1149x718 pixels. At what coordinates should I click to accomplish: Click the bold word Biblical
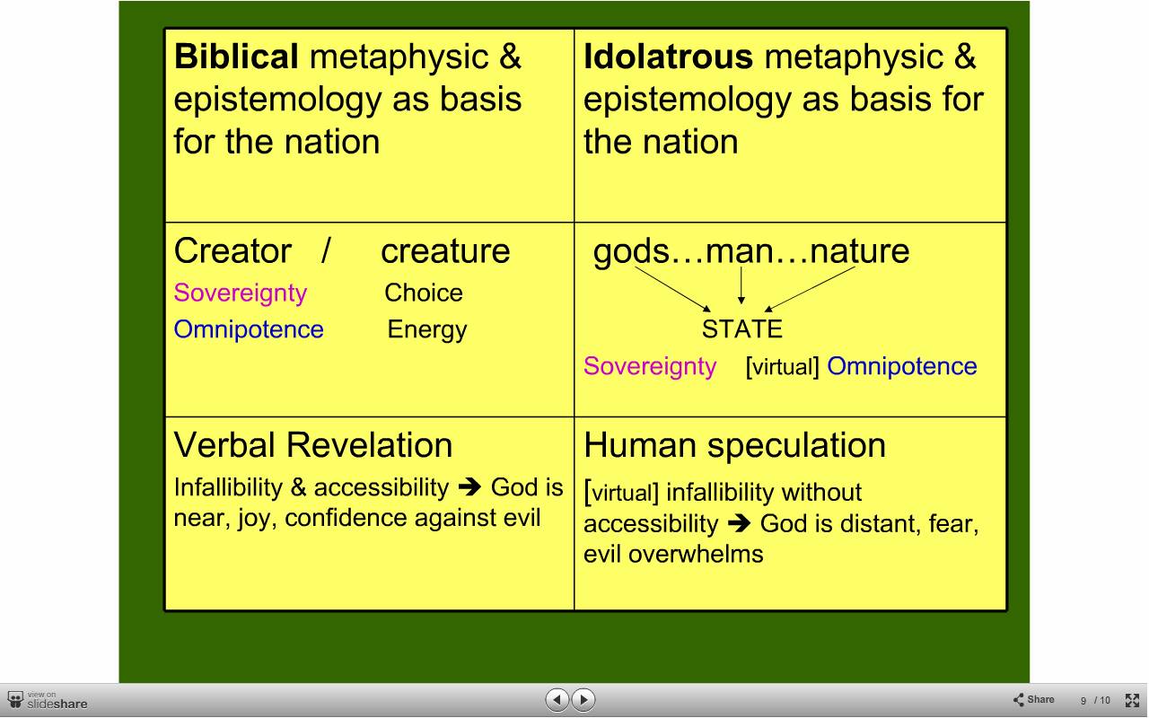click(x=236, y=56)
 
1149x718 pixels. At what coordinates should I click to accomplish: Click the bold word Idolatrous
click(x=669, y=56)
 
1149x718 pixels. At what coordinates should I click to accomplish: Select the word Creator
click(x=232, y=250)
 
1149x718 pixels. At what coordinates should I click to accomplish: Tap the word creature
click(x=445, y=251)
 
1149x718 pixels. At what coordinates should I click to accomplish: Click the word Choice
click(x=424, y=293)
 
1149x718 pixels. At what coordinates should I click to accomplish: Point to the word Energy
click(x=427, y=330)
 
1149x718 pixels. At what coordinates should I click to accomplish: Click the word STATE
click(x=742, y=329)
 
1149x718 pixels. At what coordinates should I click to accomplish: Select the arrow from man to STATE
click(x=741, y=285)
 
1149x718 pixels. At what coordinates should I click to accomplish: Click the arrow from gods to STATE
click(x=673, y=289)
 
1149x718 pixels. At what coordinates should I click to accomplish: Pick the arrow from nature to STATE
click(x=810, y=289)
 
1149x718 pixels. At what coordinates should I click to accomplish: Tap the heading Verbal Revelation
click(x=313, y=444)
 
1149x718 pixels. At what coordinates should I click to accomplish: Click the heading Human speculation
click(x=734, y=445)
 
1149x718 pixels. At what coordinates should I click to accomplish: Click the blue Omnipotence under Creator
click(x=249, y=329)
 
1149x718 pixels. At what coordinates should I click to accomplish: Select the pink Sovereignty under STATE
click(x=650, y=367)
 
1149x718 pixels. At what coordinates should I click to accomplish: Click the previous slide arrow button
click(x=557, y=699)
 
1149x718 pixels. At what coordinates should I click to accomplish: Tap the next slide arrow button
click(x=583, y=699)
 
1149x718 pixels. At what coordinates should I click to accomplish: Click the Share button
click(x=1033, y=699)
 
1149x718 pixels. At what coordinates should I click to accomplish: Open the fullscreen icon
click(x=1132, y=700)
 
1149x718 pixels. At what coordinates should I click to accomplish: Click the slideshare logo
click(x=48, y=701)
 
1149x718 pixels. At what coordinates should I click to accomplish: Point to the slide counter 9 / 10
click(x=1095, y=701)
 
